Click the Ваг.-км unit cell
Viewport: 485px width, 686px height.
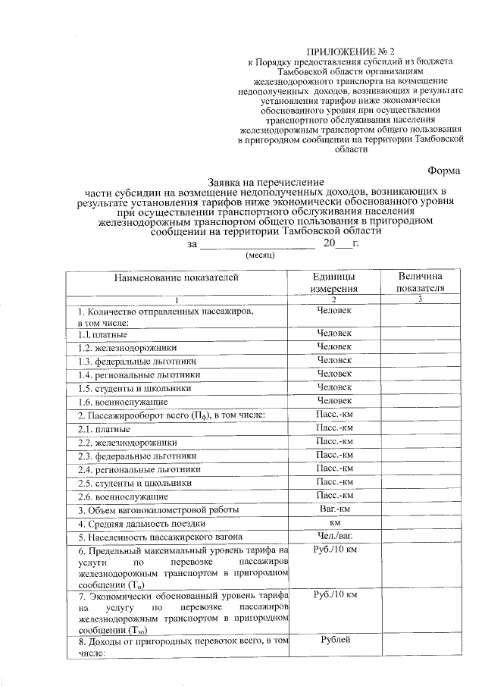click(334, 509)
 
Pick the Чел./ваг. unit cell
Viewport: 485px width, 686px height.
click(334, 536)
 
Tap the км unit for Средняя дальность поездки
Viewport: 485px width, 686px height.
click(334, 522)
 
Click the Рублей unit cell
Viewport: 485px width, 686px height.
click(334, 641)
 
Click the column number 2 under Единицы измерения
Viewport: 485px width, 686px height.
click(334, 300)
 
